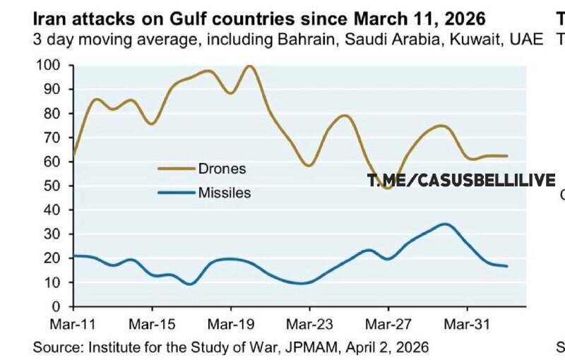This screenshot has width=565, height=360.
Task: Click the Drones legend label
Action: (x=222, y=169)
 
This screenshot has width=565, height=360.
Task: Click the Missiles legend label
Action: (x=225, y=192)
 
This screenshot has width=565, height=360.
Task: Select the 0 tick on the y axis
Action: (x=62, y=306)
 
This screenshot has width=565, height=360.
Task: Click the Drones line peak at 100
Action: (x=249, y=66)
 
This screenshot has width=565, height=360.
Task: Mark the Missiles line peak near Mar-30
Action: (x=444, y=224)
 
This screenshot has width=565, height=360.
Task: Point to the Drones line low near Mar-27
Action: (x=387, y=188)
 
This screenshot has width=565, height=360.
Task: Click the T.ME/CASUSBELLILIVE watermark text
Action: (x=461, y=181)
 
